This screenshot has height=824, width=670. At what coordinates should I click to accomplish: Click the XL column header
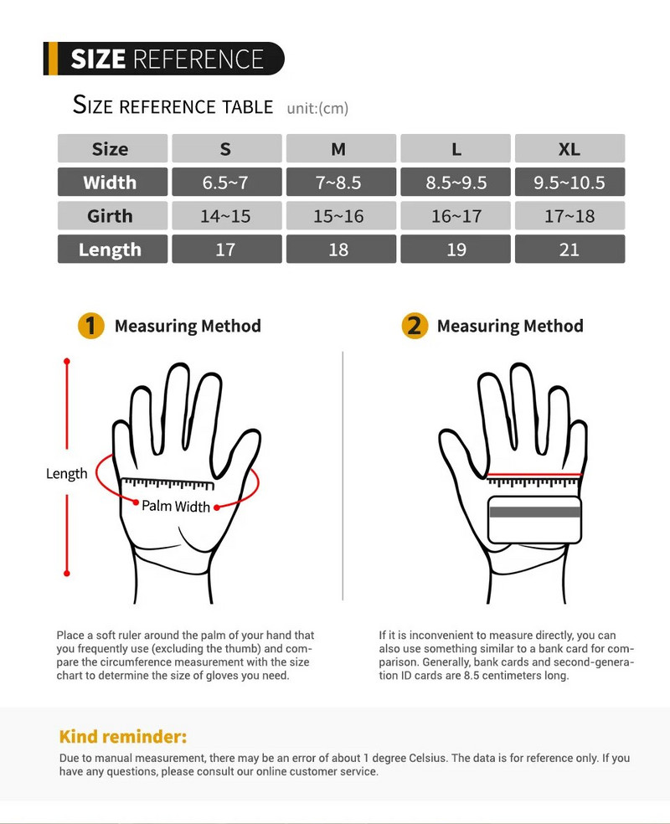569,149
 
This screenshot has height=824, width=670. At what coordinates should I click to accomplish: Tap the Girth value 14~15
226,216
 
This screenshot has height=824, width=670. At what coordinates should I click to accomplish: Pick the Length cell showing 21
569,249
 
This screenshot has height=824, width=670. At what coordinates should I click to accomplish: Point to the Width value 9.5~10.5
569,183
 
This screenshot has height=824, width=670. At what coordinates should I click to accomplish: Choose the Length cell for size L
456,249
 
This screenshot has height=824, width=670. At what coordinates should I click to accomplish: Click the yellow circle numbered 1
91,326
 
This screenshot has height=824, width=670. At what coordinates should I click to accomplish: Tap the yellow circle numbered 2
415,326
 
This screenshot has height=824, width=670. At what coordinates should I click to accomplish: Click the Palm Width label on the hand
176,506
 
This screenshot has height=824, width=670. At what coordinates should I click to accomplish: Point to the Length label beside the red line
67,474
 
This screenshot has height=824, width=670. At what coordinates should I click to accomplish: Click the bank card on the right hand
534,519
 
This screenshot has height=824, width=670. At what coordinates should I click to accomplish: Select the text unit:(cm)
317,108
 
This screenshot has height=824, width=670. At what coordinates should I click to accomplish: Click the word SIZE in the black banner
98,59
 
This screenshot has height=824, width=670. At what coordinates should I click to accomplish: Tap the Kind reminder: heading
123,736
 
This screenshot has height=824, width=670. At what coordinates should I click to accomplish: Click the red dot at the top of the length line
67,362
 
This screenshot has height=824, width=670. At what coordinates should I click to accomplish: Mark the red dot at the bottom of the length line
67,574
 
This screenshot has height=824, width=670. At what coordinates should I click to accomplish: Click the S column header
226,149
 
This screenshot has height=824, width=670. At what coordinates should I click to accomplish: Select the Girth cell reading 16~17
456,216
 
